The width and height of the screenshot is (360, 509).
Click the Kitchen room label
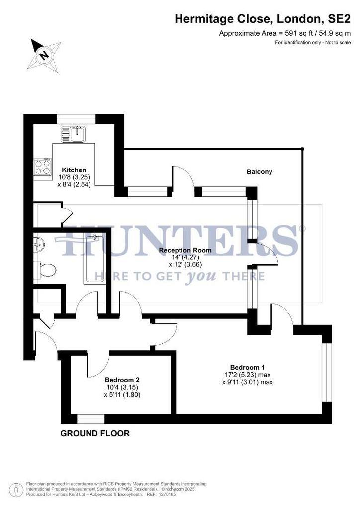74,170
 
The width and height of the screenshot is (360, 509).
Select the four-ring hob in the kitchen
43,167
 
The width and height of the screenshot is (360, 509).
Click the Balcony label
259,171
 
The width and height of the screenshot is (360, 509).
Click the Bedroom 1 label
247,367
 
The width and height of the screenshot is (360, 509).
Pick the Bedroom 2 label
122,380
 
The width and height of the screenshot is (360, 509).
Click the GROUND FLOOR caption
95,433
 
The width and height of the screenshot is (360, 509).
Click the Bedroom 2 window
91,419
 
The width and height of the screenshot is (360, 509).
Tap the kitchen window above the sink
76,119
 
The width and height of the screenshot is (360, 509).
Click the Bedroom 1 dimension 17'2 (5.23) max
247,375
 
